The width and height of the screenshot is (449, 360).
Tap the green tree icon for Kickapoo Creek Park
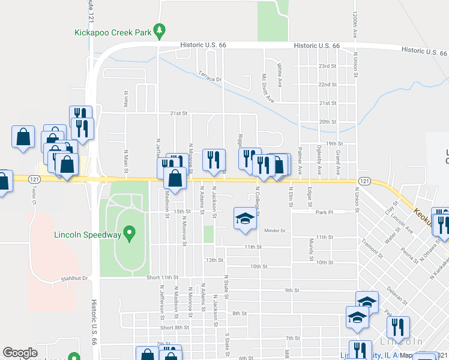(158, 29)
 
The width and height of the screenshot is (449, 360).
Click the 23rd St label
(327, 66)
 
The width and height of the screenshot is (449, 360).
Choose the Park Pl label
(324, 212)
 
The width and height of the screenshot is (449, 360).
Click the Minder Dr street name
(274, 230)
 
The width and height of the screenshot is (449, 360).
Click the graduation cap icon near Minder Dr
(245, 220)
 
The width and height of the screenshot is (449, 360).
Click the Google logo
(20, 353)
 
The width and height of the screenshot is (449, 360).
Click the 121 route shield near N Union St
(364, 181)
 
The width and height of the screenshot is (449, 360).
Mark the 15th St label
(182, 211)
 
